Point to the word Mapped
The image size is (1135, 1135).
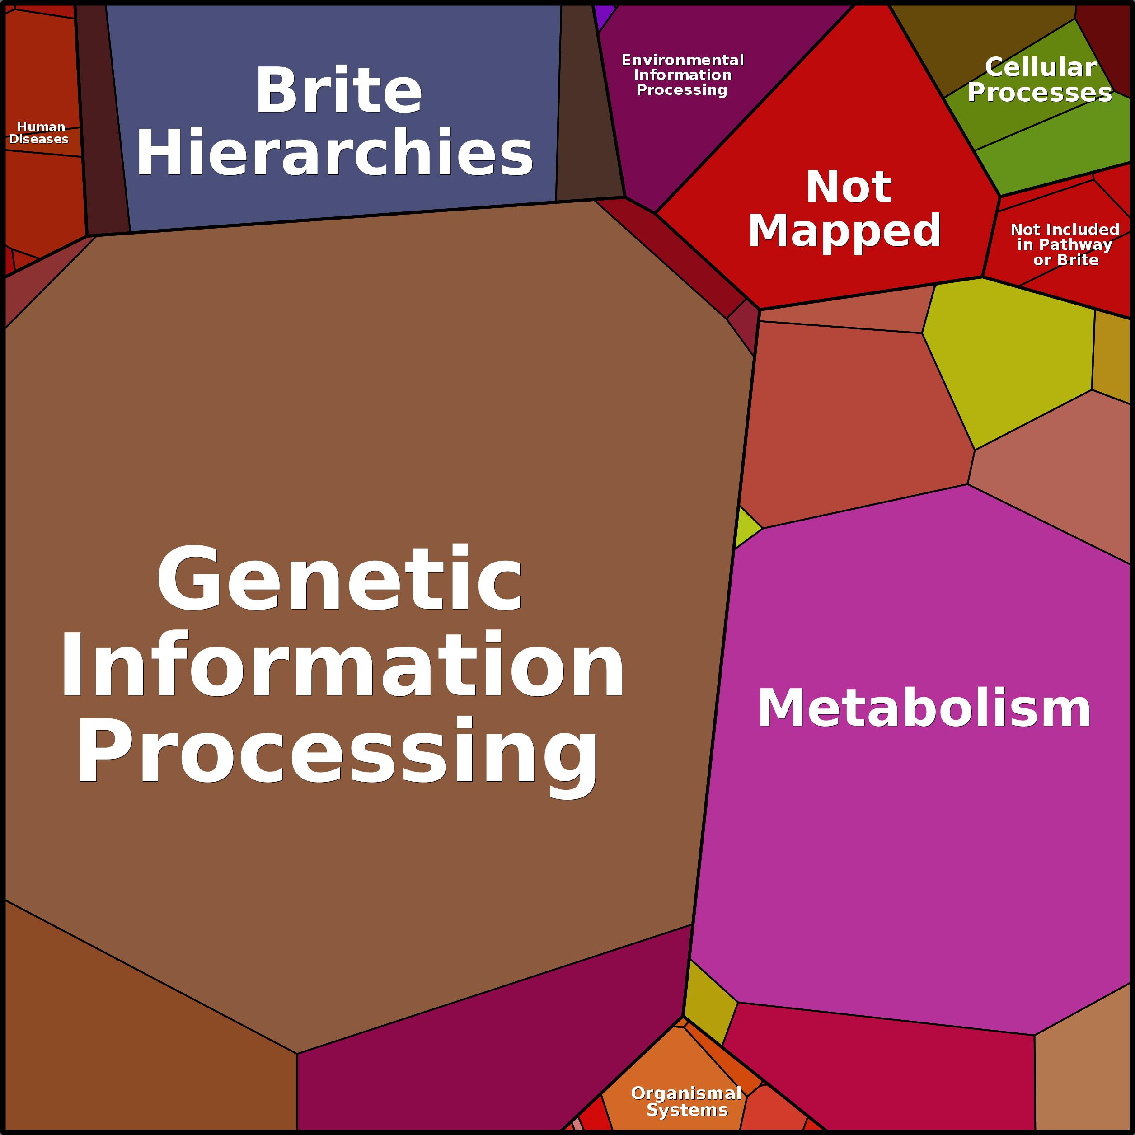(x=844, y=231)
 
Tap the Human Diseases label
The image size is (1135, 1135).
(x=39, y=133)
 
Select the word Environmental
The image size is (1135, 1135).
(x=683, y=60)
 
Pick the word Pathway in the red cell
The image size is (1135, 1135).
(x=1065, y=244)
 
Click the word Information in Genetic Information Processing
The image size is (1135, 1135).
(x=342, y=665)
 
